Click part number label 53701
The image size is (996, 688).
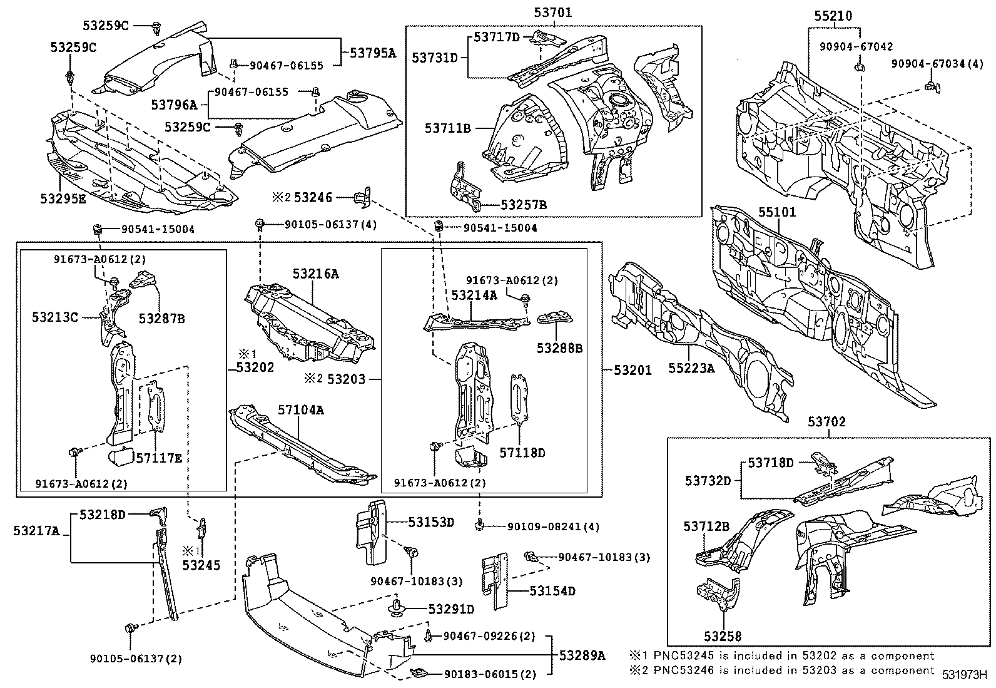pos(553,12)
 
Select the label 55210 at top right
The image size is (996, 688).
pos(833,16)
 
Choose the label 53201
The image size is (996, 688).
pos(633,370)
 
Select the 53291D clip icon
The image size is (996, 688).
pos(399,608)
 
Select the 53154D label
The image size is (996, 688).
pos(552,590)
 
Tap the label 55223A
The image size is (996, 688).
pos(691,369)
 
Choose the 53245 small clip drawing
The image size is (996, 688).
pos(203,528)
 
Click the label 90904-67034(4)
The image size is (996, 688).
pos(937,64)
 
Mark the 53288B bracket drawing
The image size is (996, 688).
pos(556,319)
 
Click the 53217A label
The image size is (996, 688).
pos(36,531)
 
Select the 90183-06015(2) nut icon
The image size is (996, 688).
pos(418,674)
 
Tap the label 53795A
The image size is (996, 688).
pos(373,53)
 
